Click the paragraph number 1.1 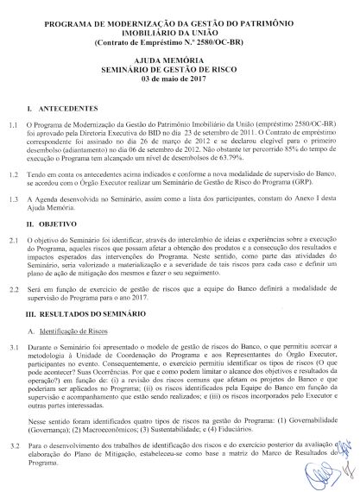coord(14,126)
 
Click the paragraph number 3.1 coord(14,347)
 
